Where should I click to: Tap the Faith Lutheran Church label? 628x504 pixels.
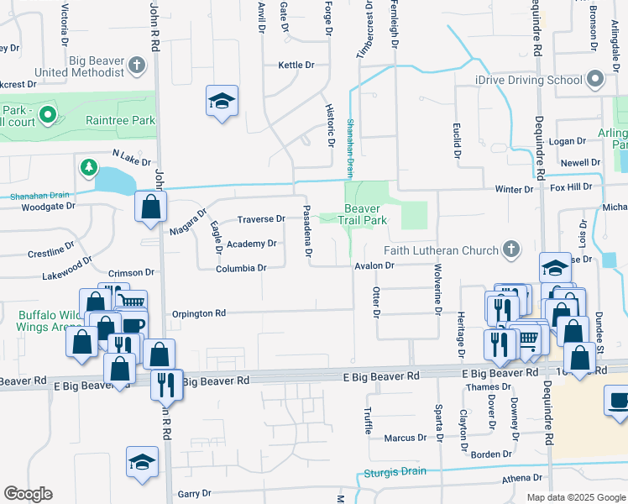click(x=441, y=250)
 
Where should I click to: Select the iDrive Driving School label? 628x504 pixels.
click(x=516, y=80)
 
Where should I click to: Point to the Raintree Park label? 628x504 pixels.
click(x=120, y=120)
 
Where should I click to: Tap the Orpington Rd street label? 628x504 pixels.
click(x=199, y=313)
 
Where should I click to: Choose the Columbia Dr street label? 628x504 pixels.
click(x=240, y=268)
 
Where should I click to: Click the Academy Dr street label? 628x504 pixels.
click(x=252, y=244)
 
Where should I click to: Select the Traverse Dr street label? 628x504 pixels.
click(x=260, y=218)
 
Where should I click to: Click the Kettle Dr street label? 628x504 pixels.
click(x=296, y=65)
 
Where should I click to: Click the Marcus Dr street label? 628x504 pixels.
click(x=405, y=438)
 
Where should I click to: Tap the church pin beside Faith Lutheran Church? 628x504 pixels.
click(x=510, y=249)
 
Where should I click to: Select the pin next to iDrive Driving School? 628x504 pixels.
click(x=596, y=80)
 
